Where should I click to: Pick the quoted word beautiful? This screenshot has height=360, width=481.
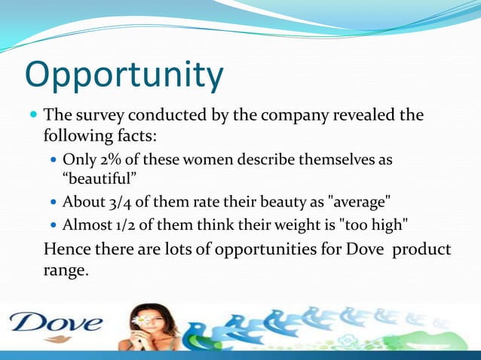[98, 179]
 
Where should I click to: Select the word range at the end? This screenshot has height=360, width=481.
[66, 270]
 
